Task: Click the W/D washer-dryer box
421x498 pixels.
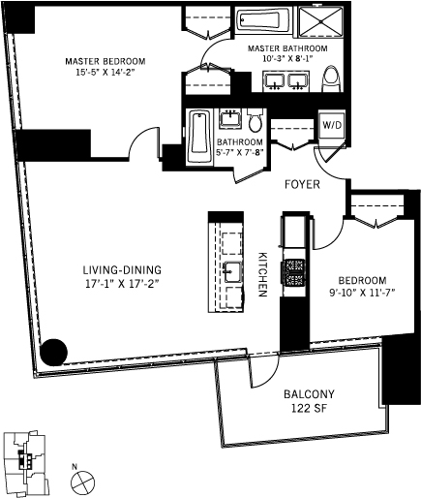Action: click(332, 126)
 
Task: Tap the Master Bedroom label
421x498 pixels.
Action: click(105, 61)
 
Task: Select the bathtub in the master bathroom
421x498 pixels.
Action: click(260, 19)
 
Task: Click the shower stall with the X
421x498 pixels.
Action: click(321, 21)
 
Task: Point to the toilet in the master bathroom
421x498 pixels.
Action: click(332, 78)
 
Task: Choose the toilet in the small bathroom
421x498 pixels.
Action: click(256, 121)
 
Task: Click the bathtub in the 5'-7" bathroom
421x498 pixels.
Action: click(200, 137)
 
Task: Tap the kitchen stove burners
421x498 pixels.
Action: click(294, 272)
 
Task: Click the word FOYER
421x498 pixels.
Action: click(302, 184)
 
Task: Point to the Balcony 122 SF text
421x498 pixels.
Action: click(309, 401)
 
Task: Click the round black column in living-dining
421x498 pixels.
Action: click(53, 353)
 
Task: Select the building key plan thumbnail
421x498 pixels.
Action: click(26, 458)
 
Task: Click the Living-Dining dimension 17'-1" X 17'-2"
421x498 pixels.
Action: click(122, 284)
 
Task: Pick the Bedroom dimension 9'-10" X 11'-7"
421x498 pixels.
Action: click(362, 293)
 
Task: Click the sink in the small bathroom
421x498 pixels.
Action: click(230, 118)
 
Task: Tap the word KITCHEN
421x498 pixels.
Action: click(262, 274)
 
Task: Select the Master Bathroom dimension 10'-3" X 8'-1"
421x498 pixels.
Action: click(288, 58)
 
